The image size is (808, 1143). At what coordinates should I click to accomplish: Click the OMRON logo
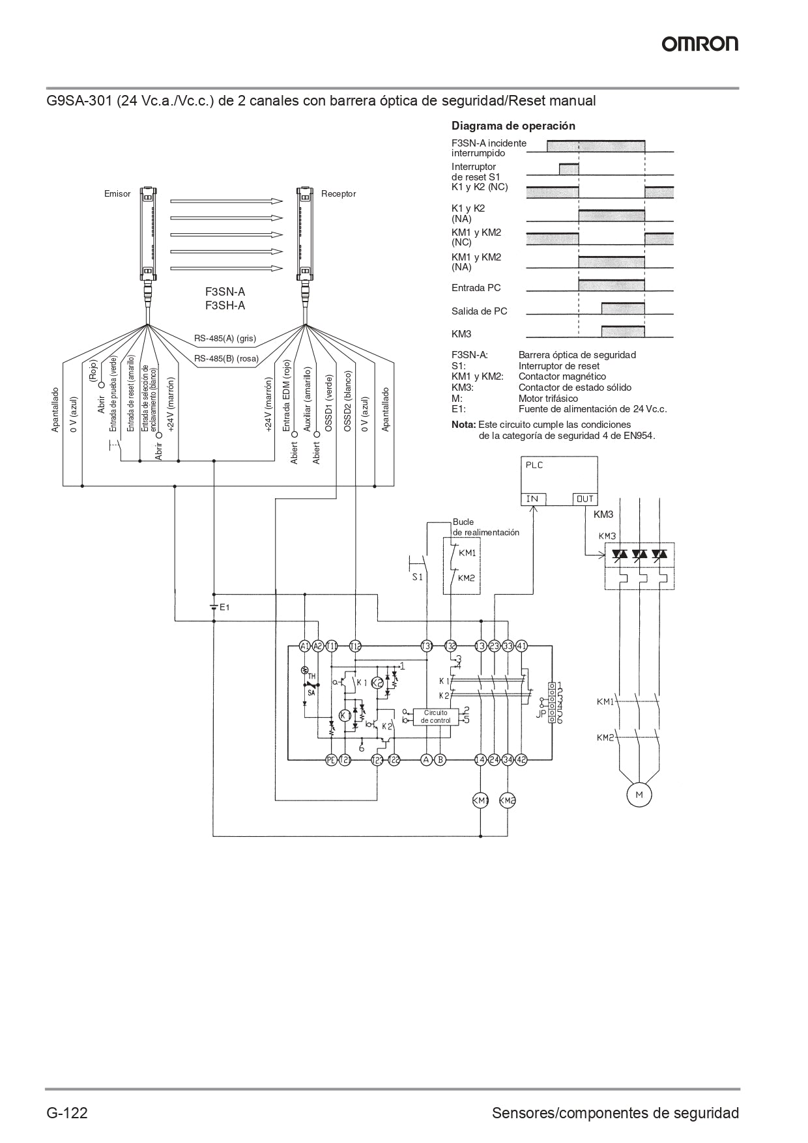[x=700, y=44]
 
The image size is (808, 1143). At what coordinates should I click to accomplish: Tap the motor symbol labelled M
[x=639, y=794]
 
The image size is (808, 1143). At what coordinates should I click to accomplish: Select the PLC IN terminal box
[x=532, y=499]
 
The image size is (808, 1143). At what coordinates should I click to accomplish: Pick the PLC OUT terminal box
[x=584, y=499]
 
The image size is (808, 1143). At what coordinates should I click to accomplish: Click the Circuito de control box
[x=435, y=716]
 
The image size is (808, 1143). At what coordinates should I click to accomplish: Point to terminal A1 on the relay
[x=304, y=646]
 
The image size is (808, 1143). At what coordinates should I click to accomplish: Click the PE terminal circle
[x=331, y=759]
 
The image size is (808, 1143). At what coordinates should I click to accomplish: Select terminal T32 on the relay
[x=450, y=646]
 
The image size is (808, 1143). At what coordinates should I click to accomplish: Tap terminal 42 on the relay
[x=521, y=759]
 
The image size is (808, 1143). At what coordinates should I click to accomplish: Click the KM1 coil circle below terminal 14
[x=480, y=800]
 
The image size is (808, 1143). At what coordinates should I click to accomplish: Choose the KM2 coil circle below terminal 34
[x=508, y=800]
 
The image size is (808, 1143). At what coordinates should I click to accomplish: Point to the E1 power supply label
[x=225, y=607]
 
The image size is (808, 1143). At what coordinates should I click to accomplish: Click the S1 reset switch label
[x=417, y=577]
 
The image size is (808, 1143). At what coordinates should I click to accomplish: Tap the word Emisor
[x=117, y=194]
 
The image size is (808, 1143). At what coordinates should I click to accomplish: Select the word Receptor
[x=338, y=194]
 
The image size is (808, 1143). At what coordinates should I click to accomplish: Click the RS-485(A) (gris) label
[x=225, y=339]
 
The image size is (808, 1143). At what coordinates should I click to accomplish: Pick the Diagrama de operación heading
[x=513, y=126]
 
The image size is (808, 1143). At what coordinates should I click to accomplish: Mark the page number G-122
[x=66, y=1112]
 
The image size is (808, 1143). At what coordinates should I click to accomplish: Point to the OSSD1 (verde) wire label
[x=329, y=402]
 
